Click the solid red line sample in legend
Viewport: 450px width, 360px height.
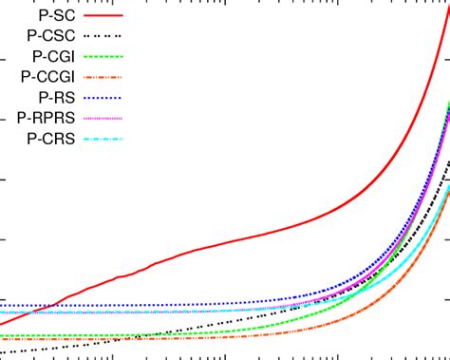click(103, 16)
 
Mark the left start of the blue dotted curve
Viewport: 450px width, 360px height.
click(2, 306)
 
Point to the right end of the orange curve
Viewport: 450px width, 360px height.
click(448, 187)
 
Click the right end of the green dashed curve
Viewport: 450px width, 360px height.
click(448, 103)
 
